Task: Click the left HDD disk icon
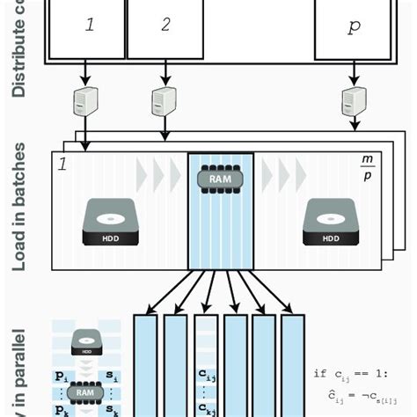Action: [111, 222]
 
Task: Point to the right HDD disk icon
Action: [331, 222]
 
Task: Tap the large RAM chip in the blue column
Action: [220, 179]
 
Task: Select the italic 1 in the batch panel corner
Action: [62, 165]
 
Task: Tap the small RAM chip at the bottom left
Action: [84, 392]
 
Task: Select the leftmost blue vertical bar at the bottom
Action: [145, 364]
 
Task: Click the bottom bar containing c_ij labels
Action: [205, 364]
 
